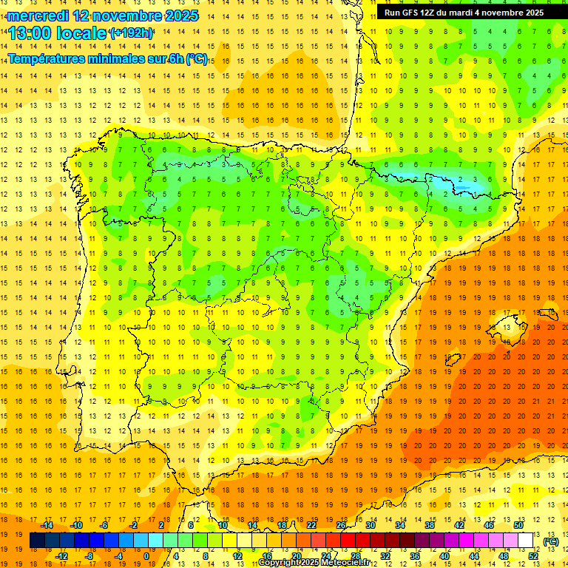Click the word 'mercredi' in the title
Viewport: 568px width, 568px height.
[x=38, y=15]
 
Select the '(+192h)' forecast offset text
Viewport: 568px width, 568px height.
[x=132, y=33]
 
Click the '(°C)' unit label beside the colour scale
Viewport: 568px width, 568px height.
[x=550, y=541]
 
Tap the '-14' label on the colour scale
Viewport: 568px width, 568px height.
[x=47, y=525]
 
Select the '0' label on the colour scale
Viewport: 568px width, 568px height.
[x=146, y=556]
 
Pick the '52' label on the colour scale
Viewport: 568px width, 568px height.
[x=533, y=556]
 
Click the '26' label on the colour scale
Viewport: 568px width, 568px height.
[x=341, y=525]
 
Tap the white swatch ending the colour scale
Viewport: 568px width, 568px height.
[x=525, y=541]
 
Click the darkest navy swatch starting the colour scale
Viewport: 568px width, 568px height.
[x=37, y=541]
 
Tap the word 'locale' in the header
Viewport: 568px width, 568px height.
[x=79, y=33]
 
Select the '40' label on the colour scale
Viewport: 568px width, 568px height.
[x=444, y=556]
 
